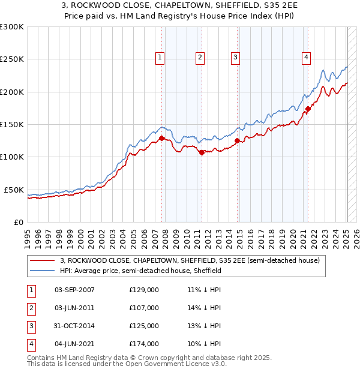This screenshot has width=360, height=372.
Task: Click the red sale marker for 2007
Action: pyautogui.click(x=161, y=138)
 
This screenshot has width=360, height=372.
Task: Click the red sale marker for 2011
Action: pyautogui.click(x=202, y=152)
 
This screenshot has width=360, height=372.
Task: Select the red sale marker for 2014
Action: pyautogui.click(x=238, y=141)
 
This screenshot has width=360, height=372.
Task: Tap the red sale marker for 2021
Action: pyautogui.click(x=308, y=109)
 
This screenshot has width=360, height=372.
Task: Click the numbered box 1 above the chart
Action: pyautogui.click(x=160, y=58)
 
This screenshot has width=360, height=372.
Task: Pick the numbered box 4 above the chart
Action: pyautogui.click(x=306, y=58)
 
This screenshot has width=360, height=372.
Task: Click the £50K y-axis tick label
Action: pyautogui.click(x=14, y=190)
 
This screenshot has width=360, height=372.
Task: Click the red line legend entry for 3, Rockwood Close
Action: pyautogui.click(x=192, y=260)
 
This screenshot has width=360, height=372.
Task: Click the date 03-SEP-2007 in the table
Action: pyautogui.click(x=74, y=290)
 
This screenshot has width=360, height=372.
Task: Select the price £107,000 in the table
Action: pyautogui.click(x=144, y=308)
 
